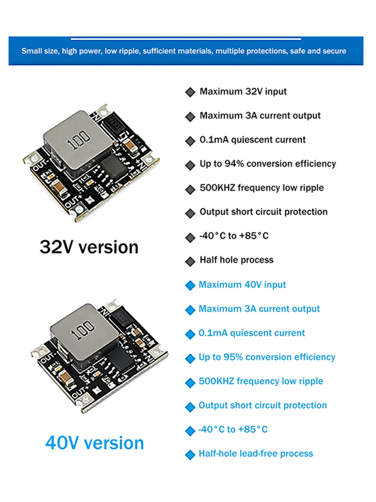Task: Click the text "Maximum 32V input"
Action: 243,91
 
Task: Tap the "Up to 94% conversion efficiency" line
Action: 268,164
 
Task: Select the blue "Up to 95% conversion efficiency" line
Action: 267,357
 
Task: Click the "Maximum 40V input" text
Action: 242,285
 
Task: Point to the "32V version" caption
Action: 89,247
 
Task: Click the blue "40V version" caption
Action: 95,443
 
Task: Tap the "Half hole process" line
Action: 237,260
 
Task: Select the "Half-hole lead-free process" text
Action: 256,453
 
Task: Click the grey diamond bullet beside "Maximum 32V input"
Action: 190,92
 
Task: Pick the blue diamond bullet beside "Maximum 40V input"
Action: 190,285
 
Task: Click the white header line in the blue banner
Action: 186,39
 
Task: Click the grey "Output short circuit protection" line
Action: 264,212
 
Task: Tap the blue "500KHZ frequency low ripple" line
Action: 261,381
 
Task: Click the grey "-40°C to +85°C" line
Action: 234,236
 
